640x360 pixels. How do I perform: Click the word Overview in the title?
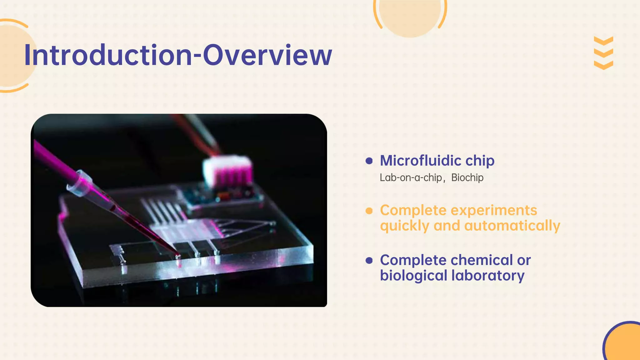(x=267, y=55)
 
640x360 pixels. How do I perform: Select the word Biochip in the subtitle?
(x=467, y=177)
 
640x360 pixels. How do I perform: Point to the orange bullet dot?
(x=369, y=211)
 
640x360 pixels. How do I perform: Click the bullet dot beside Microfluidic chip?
(x=369, y=161)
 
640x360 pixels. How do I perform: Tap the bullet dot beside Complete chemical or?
(x=369, y=260)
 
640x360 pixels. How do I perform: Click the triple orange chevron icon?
(x=603, y=53)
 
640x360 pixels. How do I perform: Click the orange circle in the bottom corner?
(x=623, y=344)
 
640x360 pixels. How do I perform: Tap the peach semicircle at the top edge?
(x=410, y=16)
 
